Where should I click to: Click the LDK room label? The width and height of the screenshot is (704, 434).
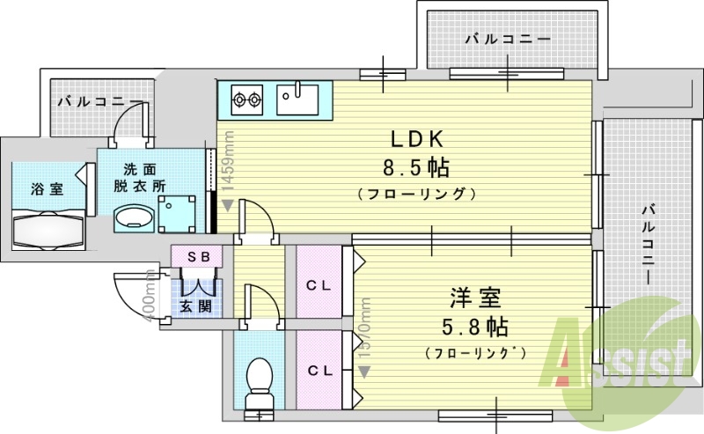click(417, 139)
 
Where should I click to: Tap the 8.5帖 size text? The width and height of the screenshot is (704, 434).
click(417, 166)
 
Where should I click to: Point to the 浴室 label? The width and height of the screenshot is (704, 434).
click(46, 188)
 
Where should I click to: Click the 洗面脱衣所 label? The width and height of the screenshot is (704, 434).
click(139, 177)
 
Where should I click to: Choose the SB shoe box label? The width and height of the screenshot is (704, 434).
click(197, 255)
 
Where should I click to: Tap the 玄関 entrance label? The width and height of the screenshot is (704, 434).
click(195, 306)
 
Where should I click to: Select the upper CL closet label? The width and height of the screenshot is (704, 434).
click(319, 285)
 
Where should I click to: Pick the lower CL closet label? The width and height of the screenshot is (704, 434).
click(319, 370)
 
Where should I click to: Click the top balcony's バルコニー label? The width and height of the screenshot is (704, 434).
click(507, 40)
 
